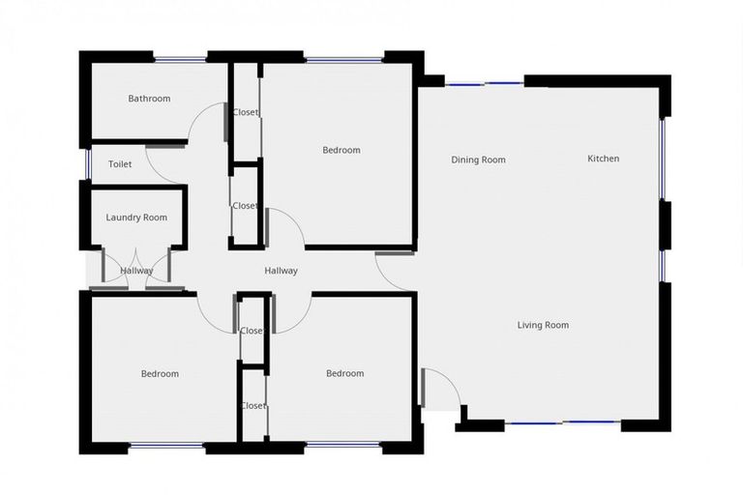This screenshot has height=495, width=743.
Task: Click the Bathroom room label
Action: point(149,99)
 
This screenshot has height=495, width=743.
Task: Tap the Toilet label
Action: point(120,164)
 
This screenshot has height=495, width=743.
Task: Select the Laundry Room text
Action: point(136,218)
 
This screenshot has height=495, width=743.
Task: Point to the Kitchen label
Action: point(604,159)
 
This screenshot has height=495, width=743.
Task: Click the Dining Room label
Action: point(478,160)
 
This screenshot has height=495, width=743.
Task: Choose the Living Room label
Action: point(543,325)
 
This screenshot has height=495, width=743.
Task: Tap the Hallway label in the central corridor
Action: point(282,271)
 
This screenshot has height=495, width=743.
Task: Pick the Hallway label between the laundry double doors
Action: point(136,271)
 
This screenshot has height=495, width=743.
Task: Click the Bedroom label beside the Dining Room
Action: point(341,150)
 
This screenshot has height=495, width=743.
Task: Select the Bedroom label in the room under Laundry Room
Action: point(160,374)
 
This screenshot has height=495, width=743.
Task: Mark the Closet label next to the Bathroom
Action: point(246,112)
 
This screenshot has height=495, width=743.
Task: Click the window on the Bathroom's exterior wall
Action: point(181,59)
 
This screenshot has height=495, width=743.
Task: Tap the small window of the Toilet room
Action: point(87,164)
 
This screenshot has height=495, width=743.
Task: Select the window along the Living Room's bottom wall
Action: point(564,422)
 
